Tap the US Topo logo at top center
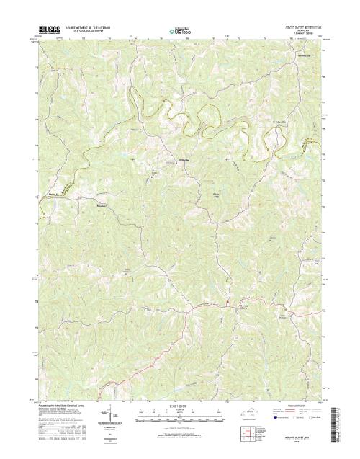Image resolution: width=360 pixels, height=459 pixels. pos(179,32)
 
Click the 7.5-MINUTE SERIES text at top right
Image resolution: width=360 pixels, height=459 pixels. pos(305,35)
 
